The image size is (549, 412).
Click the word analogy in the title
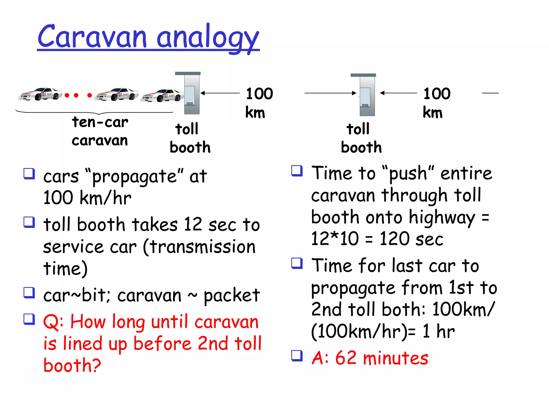tap(208, 38)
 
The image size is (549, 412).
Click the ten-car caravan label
tap(100, 131)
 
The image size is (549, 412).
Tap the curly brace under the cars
tap(94, 112)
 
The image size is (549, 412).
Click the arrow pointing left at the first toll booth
tap(220, 93)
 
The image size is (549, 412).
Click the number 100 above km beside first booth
tap(259, 94)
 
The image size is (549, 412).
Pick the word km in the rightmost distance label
tap(432, 112)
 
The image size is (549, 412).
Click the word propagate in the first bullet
tap(134, 177)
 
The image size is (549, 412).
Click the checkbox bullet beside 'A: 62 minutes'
tap(297, 356)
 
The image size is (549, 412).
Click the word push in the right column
tap(407, 174)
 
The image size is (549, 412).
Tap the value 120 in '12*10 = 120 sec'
tap(396, 238)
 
